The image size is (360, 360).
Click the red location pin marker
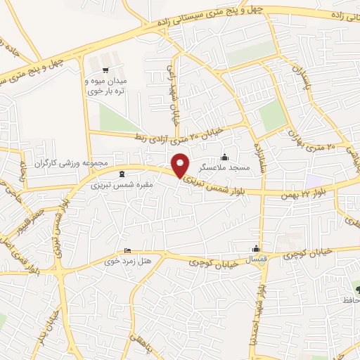pos(181,165)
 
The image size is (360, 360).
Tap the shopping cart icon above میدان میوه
pos(105,70)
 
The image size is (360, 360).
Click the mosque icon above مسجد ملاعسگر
pos(225,157)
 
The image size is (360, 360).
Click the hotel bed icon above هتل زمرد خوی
pos(127,250)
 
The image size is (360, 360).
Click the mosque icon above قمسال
pos(256,248)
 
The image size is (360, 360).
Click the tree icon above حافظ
pos(356,289)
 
